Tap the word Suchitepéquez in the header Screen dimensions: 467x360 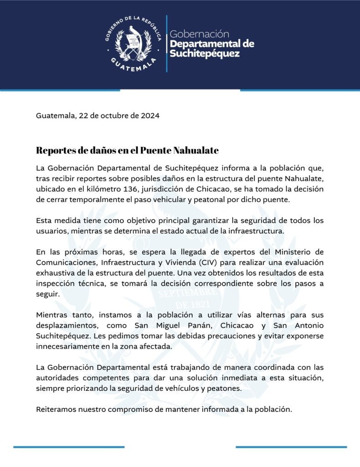(x=204, y=54)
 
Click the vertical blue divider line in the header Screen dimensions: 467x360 (x=166, y=43)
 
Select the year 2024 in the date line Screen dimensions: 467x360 (x=150, y=116)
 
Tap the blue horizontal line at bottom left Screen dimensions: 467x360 (x=68, y=447)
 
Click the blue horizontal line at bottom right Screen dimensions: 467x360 (x=291, y=447)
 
